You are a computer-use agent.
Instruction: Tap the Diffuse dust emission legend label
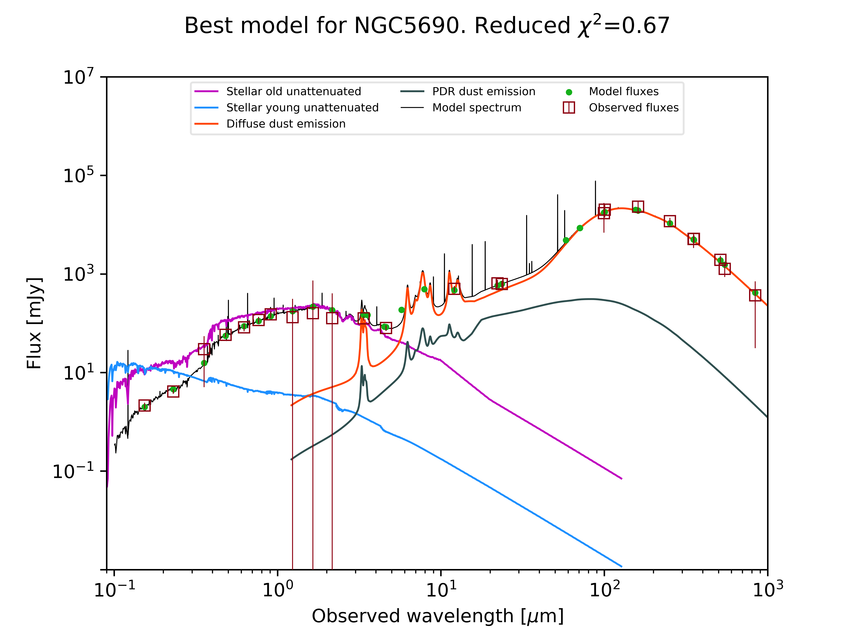coord(286,124)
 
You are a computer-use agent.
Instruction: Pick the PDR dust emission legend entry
coord(484,91)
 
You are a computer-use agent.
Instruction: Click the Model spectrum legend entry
coord(477,108)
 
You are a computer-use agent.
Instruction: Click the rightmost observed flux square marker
coord(755,295)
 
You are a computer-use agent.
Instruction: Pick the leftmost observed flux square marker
coord(145,405)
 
